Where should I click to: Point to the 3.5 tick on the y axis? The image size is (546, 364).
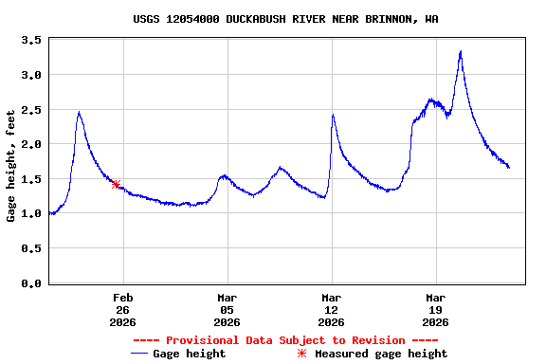pyautogui.click(x=30, y=40)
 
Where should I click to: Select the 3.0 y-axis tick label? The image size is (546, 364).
pyautogui.click(x=30, y=75)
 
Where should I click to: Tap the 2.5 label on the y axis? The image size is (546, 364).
pyautogui.click(x=30, y=110)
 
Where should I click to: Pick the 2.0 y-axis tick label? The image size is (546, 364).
pyautogui.click(x=30, y=144)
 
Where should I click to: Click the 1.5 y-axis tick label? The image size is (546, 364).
pyautogui.click(x=30, y=179)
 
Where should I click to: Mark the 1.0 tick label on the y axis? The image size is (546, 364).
pyautogui.click(x=30, y=214)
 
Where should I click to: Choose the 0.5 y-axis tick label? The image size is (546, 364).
pyautogui.click(x=30, y=248)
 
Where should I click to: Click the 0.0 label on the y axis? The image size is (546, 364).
pyautogui.click(x=30, y=283)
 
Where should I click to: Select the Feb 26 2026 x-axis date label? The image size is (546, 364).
pyautogui.click(x=122, y=309)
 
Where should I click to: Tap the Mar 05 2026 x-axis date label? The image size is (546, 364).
pyautogui.click(x=227, y=309)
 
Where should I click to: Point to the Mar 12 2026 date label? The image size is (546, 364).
pyautogui.click(x=331, y=309)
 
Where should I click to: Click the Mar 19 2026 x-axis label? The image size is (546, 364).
pyautogui.click(x=435, y=309)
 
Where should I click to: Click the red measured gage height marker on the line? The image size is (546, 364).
pyautogui.click(x=116, y=184)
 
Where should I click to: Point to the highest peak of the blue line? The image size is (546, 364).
pyautogui.click(x=461, y=51)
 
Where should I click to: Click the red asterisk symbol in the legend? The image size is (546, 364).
pyautogui.click(x=302, y=354)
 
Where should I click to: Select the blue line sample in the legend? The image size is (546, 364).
pyautogui.click(x=139, y=354)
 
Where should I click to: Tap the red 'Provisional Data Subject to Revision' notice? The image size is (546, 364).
pyautogui.click(x=285, y=340)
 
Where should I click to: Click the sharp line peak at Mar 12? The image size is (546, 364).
pyautogui.click(x=333, y=115)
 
